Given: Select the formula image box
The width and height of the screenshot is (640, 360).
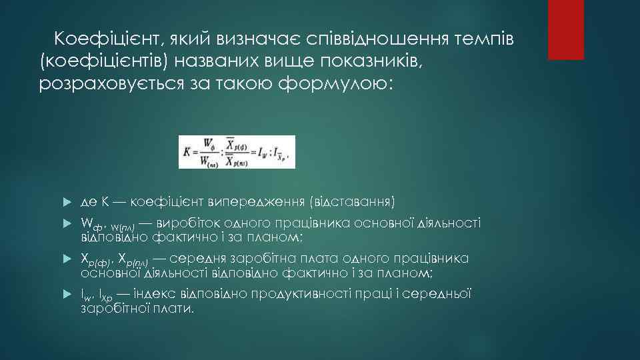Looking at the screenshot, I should (237, 152).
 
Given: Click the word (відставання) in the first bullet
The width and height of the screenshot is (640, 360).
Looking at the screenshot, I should (351, 201).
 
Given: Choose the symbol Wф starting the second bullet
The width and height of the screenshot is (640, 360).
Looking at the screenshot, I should (89, 225).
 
